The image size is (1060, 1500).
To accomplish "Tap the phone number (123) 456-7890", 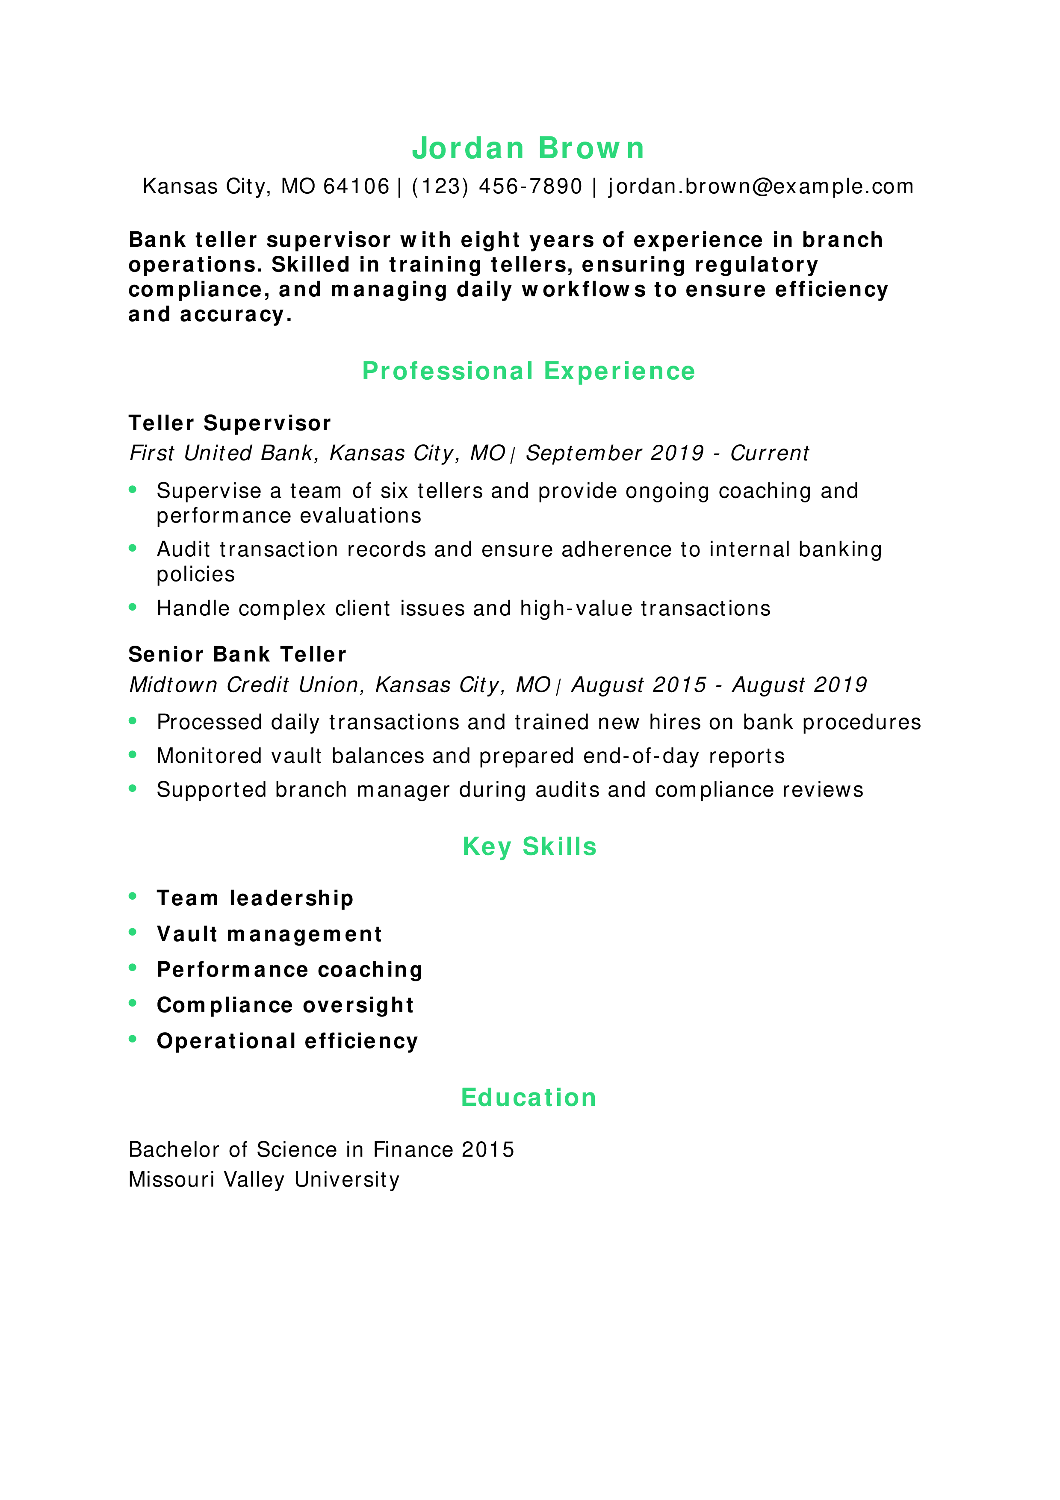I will pos(496,187).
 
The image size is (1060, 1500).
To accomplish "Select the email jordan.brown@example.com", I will pos(760,187).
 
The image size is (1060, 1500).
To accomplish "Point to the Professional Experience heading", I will pos(529,371).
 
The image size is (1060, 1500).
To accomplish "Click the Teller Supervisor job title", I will pos(230,423).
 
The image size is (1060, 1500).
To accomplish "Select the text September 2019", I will pos(614,453).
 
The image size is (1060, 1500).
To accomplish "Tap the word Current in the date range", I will pos(769,453).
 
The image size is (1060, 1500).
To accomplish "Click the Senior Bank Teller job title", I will pos(237,655).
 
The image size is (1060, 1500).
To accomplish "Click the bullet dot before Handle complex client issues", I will pos(133,607).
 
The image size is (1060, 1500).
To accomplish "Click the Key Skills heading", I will pos(529,847).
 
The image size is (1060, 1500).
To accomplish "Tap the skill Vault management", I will pos(269,934).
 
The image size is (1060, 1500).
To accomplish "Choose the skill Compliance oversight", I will pos(285,1005).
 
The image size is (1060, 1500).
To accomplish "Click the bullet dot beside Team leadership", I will pos(133,896).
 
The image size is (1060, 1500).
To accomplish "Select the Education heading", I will pos(529,1098).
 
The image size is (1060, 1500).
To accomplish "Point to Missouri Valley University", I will pos(264,1180).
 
